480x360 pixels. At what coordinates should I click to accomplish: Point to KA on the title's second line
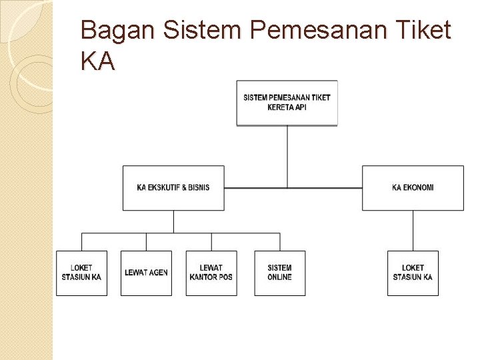pyautogui.click(x=97, y=62)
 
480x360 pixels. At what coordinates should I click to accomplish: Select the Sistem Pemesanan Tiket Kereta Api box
pyautogui.click(x=287, y=103)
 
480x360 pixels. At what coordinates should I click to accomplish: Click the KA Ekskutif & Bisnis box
pyautogui.click(x=173, y=188)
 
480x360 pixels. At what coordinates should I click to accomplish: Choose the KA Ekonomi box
pyautogui.click(x=413, y=188)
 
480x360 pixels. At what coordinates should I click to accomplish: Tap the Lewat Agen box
pyautogui.click(x=146, y=273)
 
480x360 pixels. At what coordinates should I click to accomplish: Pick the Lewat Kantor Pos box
pyautogui.click(x=211, y=273)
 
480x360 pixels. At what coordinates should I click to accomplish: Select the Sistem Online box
pyautogui.click(x=280, y=273)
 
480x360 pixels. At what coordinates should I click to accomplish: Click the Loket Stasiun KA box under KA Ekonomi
pyautogui.click(x=413, y=273)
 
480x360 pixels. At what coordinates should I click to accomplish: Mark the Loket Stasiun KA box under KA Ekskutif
pyautogui.click(x=81, y=273)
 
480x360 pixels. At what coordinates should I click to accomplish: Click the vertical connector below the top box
pyautogui.click(x=287, y=156)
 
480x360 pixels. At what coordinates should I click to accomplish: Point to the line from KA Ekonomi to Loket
pyautogui.click(x=413, y=231)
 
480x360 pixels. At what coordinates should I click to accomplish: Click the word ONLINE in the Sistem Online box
pyautogui.click(x=280, y=277)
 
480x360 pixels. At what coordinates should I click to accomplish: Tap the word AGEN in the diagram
pyautogui.click(x=158, y=273)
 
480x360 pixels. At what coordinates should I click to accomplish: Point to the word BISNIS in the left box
pyautogui.click(x=199, y=188)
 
